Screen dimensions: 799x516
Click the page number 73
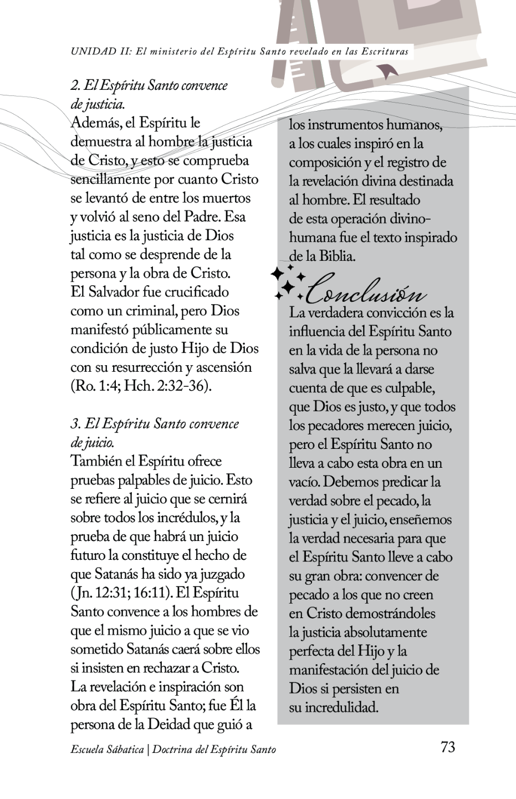[x=448, y=747]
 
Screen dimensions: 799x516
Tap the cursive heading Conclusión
[x=366, y=290]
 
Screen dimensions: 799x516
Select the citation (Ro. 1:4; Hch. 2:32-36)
[x=142, y=386]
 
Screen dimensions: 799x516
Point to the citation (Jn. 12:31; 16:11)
[x=120, y=593]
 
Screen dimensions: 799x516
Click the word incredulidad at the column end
[x=341, y=708]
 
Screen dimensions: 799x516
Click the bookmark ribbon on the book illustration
[x=385, y=70]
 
